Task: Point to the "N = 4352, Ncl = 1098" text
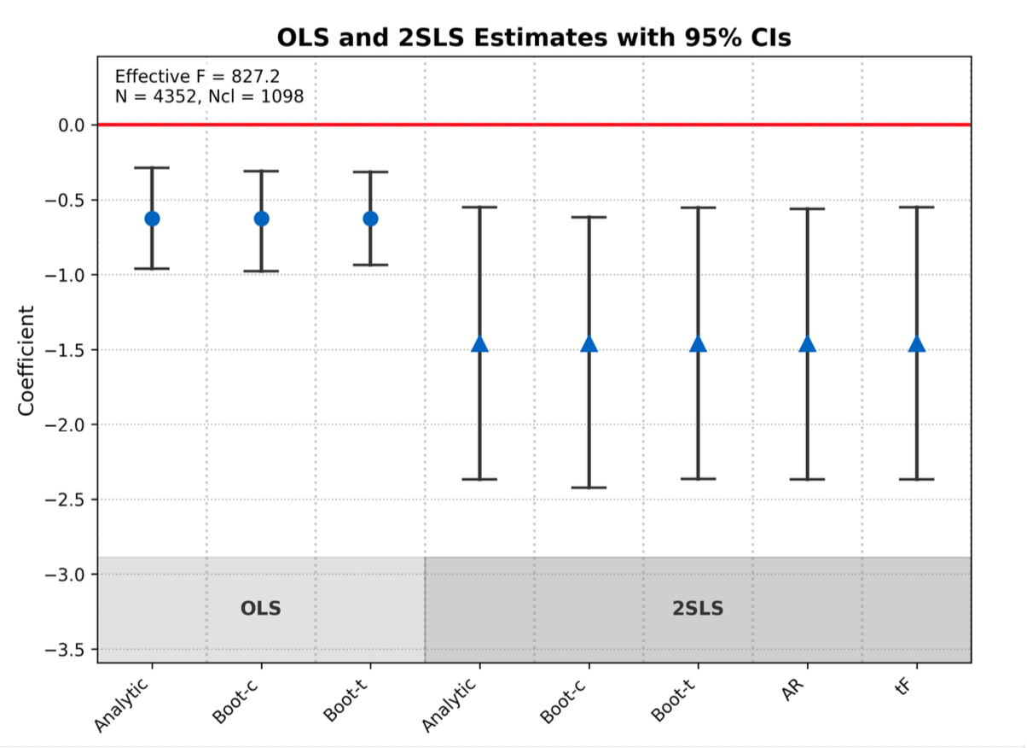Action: pos(209,96)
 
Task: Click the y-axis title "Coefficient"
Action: pos(26,360)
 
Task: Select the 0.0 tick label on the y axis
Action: pos(72,126)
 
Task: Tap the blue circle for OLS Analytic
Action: pos(152,219)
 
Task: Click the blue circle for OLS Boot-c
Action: pos(261,219)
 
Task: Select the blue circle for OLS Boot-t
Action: pos(370,219)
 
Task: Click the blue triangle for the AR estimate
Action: pos(807,344)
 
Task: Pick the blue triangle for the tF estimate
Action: pos(916,344)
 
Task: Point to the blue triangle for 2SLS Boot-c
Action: pos(589,344)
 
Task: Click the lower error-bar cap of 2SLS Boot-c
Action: pos(589,488)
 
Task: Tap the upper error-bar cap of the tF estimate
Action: pos(916,207)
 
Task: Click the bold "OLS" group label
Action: pos(261,609)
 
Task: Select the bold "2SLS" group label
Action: pos(698,609)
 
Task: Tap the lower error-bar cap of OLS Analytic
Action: pos(152,269)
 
